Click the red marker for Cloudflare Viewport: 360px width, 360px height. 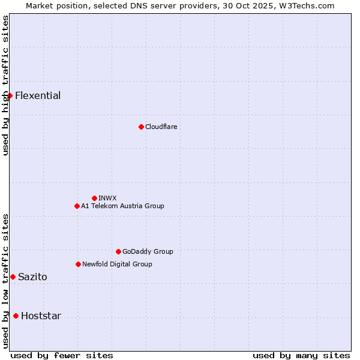[x=141, y=127]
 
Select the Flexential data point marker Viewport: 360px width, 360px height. [x=10, y=95]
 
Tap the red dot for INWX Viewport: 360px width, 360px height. [x=94, y=198]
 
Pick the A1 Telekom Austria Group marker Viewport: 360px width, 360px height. [x=77, y=206]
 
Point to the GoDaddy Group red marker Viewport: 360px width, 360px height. [x=118, y=251]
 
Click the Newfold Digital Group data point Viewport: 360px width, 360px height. [x=78, y=264]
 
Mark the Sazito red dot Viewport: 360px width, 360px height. [x=13, y=277]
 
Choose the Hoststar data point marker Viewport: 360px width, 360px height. [x=16, y=316]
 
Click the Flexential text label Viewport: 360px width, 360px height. [x=38, y=96]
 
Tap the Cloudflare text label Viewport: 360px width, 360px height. [x=161, y=127]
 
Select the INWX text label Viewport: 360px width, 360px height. [x=107, y=198]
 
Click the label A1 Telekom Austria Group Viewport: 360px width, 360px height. [x=122, y=206]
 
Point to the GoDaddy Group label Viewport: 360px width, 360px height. [x=148, y=251]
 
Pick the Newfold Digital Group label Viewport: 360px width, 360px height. [x=117, y=264]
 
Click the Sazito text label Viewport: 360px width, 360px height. [x=32, y=277]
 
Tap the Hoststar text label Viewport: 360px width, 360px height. [x=41, y=316]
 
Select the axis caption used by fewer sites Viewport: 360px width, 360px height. [x=62, y=355]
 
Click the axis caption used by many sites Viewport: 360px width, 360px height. [x=301, y=355]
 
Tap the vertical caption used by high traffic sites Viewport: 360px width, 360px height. [x=5, y=85]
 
